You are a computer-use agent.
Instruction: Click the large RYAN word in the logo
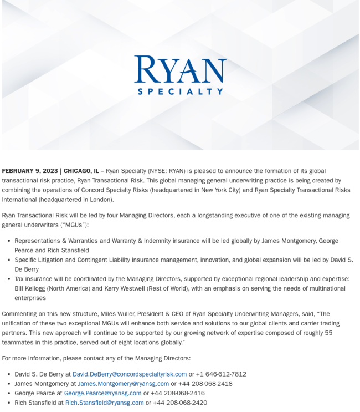(180, 69)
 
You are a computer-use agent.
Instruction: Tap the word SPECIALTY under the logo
(180, 91)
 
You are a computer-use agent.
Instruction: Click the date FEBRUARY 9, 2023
(29, 171)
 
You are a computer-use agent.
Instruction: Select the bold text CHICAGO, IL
(81, 171)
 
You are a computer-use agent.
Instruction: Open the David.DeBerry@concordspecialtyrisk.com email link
(130, 374)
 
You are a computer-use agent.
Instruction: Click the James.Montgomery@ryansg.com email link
(123, 384)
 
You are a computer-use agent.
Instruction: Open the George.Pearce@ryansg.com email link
(102, 393)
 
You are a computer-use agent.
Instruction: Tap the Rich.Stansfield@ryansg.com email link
(104, 403)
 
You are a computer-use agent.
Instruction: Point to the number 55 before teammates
(328, 333)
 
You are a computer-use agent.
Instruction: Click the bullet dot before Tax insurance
(8, 279)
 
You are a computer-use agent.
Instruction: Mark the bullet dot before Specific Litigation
(8, 260)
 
